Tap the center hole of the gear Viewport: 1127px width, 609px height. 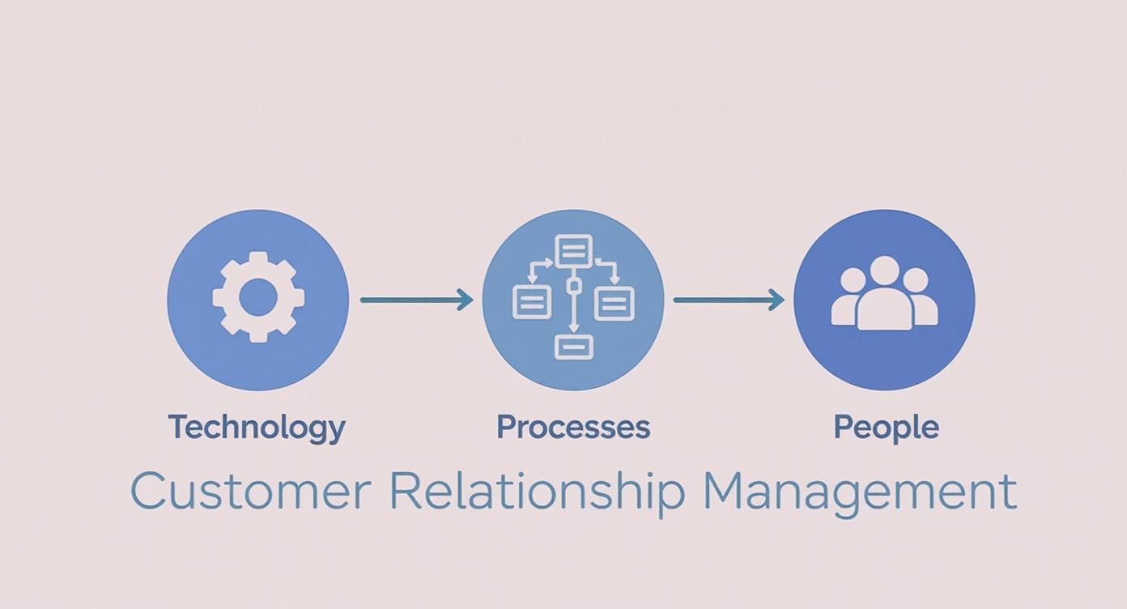point(258,298)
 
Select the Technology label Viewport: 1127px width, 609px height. point(257,427)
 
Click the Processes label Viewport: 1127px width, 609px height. point(573,427)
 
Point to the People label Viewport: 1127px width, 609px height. point(886,427)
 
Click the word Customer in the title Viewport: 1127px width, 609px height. point(250,491)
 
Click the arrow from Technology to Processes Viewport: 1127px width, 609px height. point(413,300)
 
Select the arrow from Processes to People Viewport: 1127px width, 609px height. point(725,300)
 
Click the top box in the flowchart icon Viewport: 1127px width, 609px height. point(573,249)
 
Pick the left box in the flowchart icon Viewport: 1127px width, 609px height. point(532,303)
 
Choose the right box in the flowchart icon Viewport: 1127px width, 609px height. point(615,303)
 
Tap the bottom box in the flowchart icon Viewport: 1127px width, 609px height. point(573,347)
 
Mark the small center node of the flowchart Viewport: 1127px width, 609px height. point(573,286)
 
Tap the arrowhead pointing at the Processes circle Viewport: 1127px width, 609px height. point(466,300)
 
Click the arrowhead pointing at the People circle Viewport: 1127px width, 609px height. point(777,300)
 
